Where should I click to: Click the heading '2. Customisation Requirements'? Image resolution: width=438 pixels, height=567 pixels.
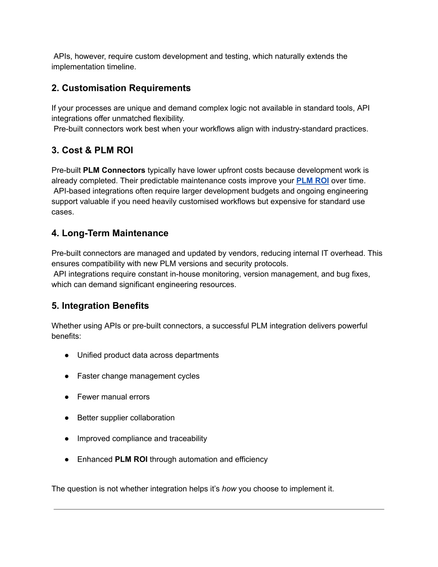[121, 88]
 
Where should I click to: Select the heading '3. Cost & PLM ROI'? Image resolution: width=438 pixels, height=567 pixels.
[92, 150]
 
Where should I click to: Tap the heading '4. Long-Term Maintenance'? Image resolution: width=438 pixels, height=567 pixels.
[109, 233]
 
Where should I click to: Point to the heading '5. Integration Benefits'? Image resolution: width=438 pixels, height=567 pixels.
[100, 306]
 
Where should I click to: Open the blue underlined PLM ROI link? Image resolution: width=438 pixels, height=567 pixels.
[312, 181]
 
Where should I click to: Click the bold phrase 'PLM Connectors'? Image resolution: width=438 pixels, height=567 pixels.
[114, 170]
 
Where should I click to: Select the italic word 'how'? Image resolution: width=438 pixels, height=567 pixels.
[229, 489]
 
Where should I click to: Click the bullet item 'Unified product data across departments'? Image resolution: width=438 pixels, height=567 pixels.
[148, 355]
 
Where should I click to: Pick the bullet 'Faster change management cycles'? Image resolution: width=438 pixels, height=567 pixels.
[138, 376]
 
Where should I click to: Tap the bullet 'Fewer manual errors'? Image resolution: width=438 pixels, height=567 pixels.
[113, 397]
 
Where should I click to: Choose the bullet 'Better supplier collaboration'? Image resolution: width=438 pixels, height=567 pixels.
[126, 418]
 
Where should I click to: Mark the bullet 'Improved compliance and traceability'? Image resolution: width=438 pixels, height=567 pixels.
[142, 439]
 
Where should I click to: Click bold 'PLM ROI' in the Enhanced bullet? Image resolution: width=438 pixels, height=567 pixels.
[131, 459]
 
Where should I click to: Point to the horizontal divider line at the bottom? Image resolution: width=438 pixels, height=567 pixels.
[219, 509]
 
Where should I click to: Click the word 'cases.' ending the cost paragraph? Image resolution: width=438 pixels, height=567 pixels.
[62, 212]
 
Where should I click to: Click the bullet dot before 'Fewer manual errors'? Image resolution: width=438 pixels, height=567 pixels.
[67, 397]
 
